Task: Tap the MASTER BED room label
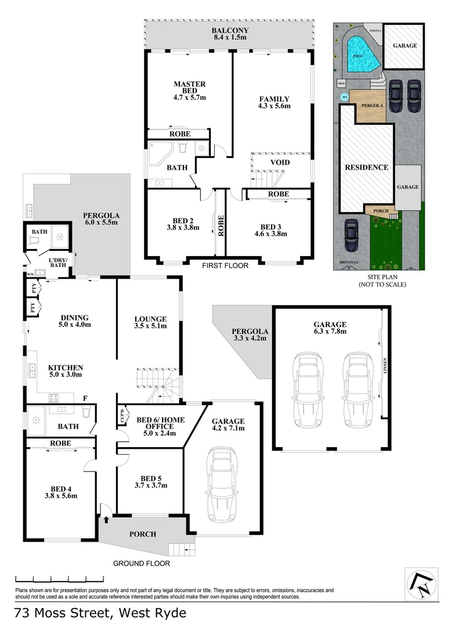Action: (x=190, y=88)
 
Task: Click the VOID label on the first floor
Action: (x=280, y=163)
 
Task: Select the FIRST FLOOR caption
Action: (x=225, y=265)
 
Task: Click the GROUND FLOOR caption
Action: (x=141, y=563)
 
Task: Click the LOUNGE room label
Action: (x=150, y=322)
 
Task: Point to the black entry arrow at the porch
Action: (x=106, y=519)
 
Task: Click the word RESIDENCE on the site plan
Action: (x=366, y=167)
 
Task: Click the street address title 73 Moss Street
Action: (x=100, y=613)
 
